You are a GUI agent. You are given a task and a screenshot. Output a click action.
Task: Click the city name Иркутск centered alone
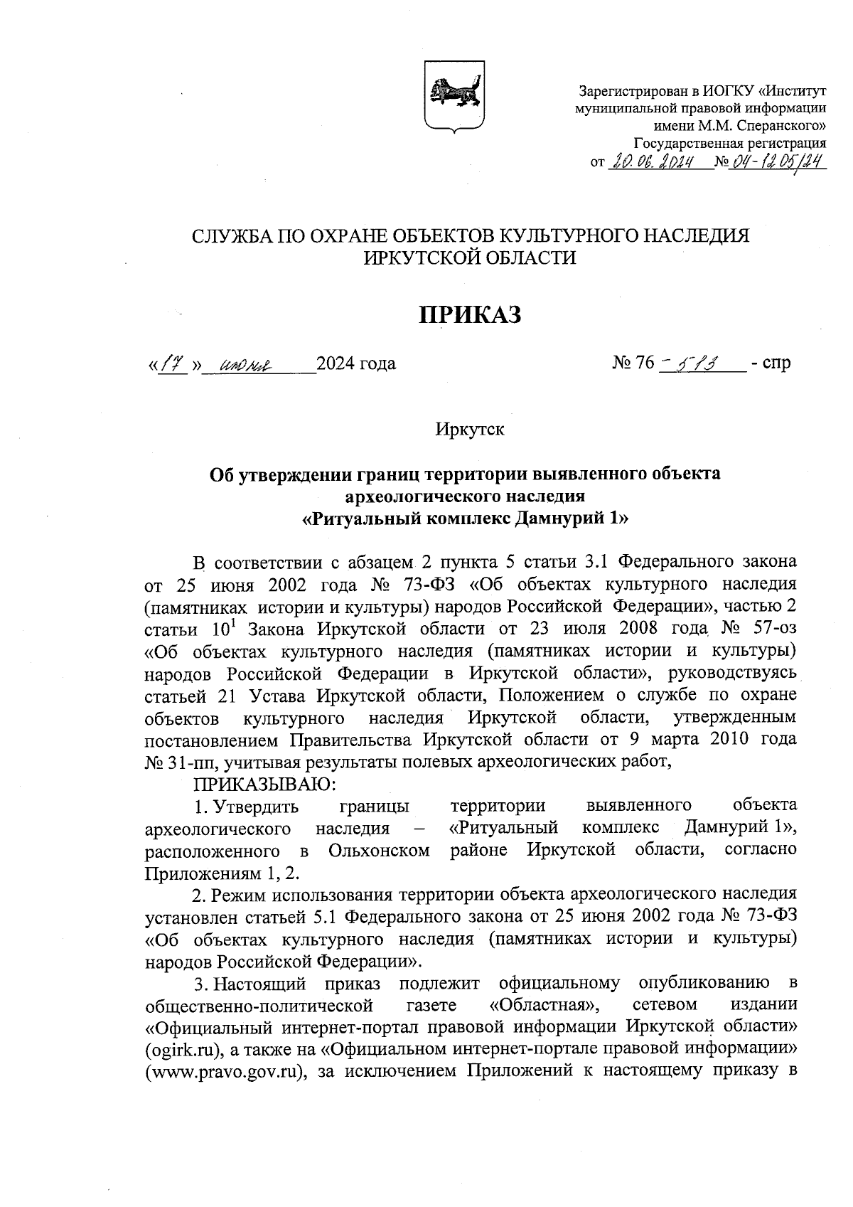tap(470, 430)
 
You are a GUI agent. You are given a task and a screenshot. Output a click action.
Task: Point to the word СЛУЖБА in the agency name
tap(232, 236)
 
